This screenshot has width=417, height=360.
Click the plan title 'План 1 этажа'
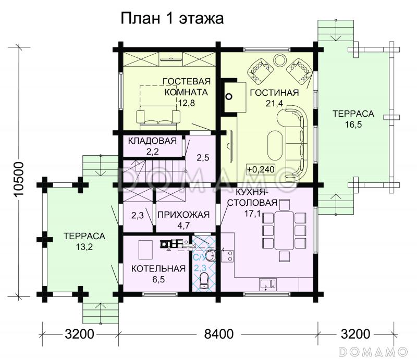point(172,19)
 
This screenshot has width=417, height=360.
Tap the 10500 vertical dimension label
point(19,179)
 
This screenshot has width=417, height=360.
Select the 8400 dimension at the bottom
point(218,334)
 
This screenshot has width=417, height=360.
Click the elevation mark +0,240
point(261,169)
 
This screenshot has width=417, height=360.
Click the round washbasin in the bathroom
point(211,255)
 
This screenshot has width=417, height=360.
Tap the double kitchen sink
point(268,284)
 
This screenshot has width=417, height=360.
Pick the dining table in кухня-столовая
point(284,230)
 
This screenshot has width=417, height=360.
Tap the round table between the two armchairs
point(280,60)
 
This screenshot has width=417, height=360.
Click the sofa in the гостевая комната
point(158,117)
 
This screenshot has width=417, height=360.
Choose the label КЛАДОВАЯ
point(152,141)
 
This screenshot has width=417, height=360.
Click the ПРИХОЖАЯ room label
point(183,215)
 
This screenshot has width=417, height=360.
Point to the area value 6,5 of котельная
point(159,279)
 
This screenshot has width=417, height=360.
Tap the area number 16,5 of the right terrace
point(353,124)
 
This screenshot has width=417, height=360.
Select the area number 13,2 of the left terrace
point(84,247)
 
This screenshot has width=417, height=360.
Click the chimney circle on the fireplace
point(229,96)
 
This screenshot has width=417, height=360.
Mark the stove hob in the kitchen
point(227,256)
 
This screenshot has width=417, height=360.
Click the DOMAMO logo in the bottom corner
point(373,352)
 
